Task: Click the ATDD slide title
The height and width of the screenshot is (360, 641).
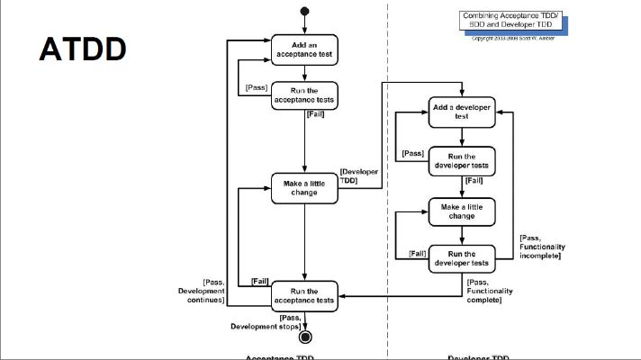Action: point(82,49)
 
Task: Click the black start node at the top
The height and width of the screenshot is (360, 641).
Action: point(305,12)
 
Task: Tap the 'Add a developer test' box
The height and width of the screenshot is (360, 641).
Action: point(462,111)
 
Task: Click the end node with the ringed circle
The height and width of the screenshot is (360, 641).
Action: point(305,337)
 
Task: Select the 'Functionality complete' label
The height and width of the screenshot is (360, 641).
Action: point(491,293)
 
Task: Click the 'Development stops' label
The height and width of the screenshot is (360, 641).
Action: point(266,321)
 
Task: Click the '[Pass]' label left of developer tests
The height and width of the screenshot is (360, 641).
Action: point(412,153)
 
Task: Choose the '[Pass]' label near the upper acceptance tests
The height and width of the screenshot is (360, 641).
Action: point(255,87)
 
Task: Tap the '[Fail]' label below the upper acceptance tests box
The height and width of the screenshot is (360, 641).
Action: point(316,114)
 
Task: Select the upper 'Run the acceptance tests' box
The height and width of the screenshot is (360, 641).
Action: point(305,95)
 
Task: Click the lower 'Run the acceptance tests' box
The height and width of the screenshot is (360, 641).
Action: point(305,296)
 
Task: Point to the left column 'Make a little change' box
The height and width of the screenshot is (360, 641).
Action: point(305,187)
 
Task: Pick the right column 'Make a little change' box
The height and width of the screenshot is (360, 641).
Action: point(462,211)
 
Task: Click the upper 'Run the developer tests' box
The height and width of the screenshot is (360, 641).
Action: point(462,160)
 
